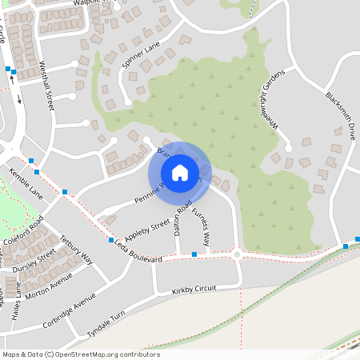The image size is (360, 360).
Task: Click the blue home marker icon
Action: tap(179, 172)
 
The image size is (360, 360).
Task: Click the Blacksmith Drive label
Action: tap(340, 116)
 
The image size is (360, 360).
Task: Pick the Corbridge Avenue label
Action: tap(71, 309)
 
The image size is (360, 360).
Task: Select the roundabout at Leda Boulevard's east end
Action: tap(237, 255)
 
